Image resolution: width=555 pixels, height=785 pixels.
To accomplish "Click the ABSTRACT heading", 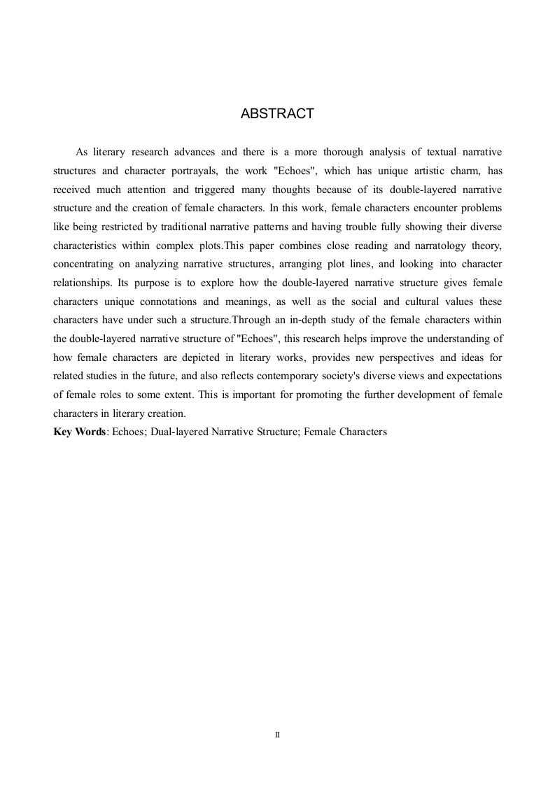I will pos(277,114).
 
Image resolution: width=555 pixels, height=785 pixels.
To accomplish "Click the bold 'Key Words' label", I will pos(79,432).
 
